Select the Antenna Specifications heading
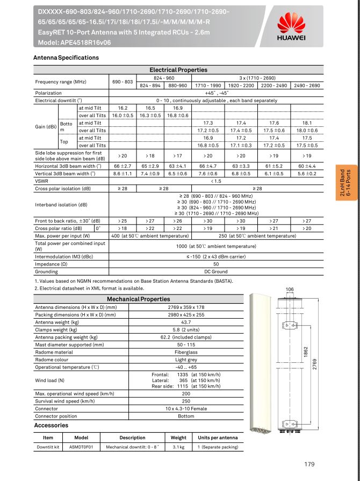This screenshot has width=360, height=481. point(66,58)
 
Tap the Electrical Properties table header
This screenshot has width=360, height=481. point(178,70)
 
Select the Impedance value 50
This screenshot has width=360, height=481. point(215,264)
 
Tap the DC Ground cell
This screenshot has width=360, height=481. point(215,272)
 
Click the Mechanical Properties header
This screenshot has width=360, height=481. point(138,299)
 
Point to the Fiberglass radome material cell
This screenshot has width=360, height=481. point(185,352)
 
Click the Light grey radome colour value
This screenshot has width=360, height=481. point(185,360)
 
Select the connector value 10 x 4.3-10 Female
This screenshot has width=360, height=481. point(185,408)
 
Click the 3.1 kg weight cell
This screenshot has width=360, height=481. point(178,447)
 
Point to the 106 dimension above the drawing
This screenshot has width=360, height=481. point(290,290)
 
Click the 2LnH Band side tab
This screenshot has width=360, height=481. point(344,183)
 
